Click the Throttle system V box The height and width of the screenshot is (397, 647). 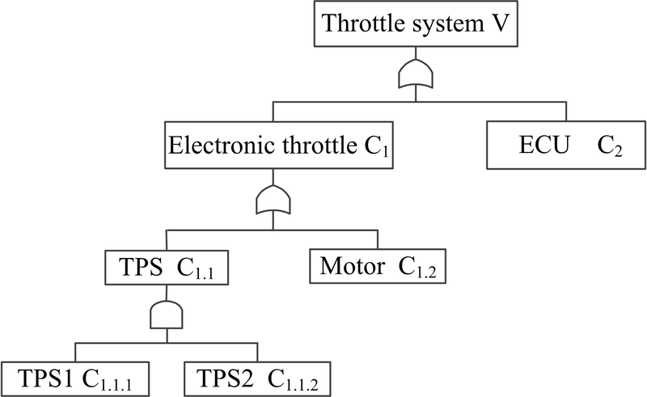(x=416, y=23)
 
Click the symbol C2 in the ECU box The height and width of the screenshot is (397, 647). (x=609, y=147)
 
